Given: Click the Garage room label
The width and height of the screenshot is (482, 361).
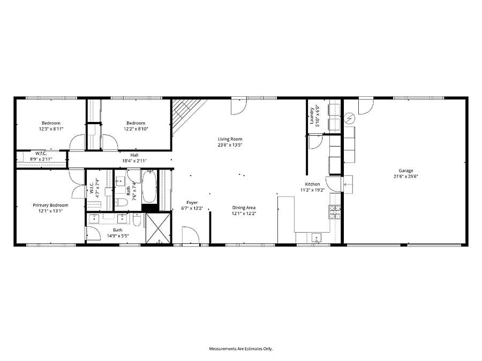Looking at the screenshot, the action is [406, 171].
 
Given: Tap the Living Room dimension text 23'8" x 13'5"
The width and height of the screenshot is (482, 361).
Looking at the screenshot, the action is [230, 145].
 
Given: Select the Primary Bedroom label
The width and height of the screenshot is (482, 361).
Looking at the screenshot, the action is [50, 205].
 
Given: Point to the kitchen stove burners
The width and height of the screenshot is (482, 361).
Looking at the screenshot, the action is [335, 212].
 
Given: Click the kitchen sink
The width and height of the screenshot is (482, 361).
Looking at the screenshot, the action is [317, 238].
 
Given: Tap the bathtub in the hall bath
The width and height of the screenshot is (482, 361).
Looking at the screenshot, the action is [149, 186].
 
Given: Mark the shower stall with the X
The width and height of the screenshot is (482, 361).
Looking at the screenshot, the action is [158, 228].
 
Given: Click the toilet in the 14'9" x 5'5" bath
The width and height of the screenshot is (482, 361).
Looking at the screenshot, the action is [137, 220].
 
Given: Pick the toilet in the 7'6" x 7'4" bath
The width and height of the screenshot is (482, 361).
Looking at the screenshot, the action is [121, 202].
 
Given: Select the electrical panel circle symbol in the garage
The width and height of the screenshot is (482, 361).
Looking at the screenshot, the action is [350, 118].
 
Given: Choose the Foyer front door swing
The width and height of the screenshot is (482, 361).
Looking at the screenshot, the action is [191, 235].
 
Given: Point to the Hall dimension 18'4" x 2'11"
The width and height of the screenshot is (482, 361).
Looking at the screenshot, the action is [134, 160].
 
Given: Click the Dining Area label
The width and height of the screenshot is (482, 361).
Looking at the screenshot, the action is [244, 208].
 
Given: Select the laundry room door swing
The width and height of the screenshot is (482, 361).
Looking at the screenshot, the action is [315, 142].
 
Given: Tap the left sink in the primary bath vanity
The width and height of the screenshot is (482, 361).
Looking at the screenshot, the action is [94, 219].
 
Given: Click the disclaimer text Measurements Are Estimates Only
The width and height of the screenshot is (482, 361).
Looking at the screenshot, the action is [241, 349].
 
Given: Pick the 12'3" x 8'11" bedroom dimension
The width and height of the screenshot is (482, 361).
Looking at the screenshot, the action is [51, 129].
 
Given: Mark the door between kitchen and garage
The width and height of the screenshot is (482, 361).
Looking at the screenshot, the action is [334, 184].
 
